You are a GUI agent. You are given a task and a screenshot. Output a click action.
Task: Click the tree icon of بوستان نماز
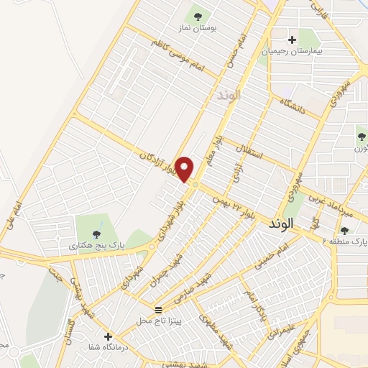(x=195, y=14)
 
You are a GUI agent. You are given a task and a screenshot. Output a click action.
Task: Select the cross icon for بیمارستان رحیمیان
(x=292, y=40)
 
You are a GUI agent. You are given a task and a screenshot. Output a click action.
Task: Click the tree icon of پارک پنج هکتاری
(x=97, y=232)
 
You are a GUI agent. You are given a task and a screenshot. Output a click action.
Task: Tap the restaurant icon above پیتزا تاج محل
(x=158, y=309)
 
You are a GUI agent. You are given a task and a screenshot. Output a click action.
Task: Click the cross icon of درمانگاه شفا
(x=108, y=336)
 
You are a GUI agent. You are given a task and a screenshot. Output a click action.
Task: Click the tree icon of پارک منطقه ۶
(x=344, y=230)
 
